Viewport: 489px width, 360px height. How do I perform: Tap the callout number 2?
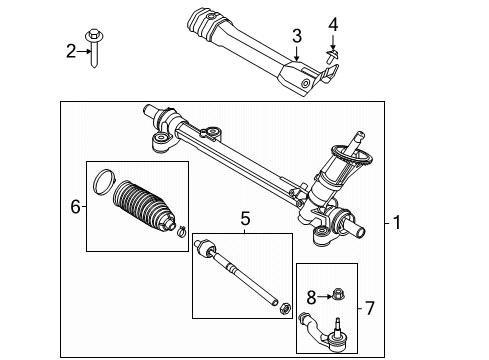click(70, 50)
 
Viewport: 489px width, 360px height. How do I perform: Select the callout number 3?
click(296, 37)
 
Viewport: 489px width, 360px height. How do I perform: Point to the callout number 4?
click(334, 23)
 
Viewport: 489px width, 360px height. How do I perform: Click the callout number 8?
click(311, 297)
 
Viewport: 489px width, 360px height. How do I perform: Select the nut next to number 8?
click(336, 296)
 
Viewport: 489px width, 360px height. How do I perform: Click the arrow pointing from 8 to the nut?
click(322, 297)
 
